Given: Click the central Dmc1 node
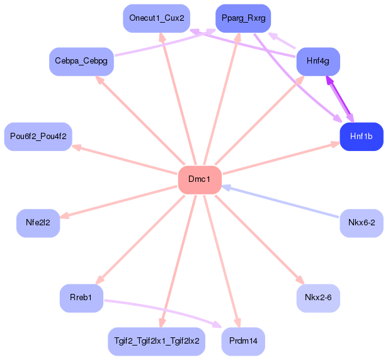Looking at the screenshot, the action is click(200, 180).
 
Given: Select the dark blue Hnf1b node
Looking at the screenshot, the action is click(362, 137).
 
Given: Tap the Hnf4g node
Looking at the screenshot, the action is click(318, 62).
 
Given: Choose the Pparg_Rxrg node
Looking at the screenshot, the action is click(243, 18).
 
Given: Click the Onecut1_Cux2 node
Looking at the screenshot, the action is click(157, 18).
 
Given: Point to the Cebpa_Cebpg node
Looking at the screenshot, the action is click(81, 62).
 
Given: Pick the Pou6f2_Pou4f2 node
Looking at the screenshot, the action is click(38, 137).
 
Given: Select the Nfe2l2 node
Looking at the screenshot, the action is click(38, 223).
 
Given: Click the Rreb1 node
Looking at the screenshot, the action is click(81, 298).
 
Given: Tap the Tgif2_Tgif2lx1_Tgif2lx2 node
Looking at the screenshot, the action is click(157, 342).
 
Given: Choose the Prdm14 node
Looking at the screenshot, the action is click(243, 342).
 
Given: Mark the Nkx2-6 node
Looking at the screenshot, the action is click(318, 298).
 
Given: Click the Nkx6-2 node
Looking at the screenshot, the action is click(362, 223).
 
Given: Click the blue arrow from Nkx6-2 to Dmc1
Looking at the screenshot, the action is click(280, 201).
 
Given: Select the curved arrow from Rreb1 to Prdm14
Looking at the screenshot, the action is click(163, 310).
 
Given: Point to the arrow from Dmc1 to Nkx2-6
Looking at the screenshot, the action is click(260, 239).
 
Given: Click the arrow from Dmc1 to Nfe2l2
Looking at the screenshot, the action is click(118, 201).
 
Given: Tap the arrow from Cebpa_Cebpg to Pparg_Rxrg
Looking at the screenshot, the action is click(165, 42).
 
